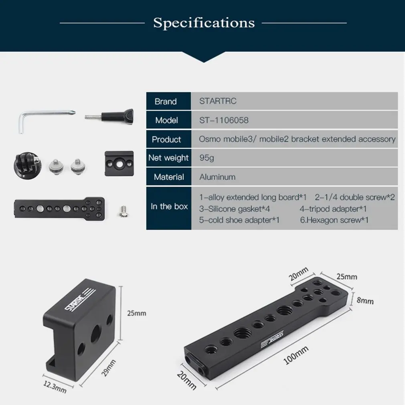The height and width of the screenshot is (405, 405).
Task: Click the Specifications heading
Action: (204, 23)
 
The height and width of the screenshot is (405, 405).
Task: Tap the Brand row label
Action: (166, 101)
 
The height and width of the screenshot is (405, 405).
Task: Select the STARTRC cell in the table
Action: (218, 101)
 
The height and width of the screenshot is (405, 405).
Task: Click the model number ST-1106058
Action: (224, 120)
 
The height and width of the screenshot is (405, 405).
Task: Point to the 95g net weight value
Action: (207, 158)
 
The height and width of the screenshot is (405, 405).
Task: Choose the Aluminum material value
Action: (217, 177)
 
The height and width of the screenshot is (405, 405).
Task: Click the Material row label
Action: (169, 177)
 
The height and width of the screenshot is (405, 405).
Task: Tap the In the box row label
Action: (169, 207)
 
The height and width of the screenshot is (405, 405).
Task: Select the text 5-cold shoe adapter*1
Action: (239, 220)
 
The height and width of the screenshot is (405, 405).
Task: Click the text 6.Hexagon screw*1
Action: (334, 220)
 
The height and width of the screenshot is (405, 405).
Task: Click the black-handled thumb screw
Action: (109, 117)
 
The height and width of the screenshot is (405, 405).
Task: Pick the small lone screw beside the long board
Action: (124, 211)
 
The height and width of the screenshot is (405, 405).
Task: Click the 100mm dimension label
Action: (296, 355)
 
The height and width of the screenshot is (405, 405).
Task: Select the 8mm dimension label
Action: (365, 300)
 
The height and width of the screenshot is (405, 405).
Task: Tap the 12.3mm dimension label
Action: (55, 387)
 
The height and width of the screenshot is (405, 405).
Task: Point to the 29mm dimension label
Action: (109, 368)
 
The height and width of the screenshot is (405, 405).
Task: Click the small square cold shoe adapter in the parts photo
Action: (119, 164)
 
